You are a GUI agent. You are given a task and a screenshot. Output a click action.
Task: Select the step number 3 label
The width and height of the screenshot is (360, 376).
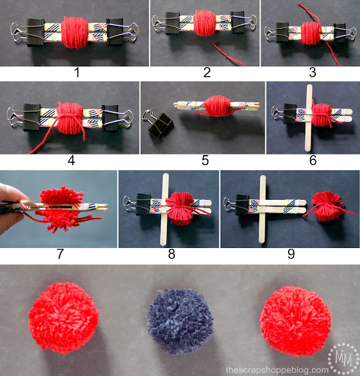point(312,73)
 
